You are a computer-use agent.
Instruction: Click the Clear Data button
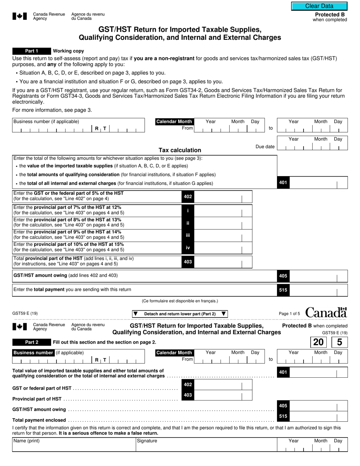point(319,6)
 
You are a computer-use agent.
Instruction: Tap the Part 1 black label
point(31,51)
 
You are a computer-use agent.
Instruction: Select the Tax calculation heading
point(180,150)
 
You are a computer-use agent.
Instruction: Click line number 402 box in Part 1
point(188,197)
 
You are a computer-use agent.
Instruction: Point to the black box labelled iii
point(188,235)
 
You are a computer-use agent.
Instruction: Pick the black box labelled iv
point(188,248)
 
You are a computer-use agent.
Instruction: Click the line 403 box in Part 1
point(188,262)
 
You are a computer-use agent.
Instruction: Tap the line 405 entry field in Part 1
point(318,276)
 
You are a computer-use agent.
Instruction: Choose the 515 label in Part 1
point(283,290)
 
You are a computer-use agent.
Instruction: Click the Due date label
point(265,147)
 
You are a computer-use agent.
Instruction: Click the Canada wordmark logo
point(326,313)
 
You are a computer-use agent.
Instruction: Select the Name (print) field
point(74,445)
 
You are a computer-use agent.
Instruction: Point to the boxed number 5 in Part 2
point(339,342)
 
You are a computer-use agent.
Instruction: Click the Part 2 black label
point(31,342)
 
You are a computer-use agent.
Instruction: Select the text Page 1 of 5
point(289,314)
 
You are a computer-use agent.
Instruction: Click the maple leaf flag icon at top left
point(20,16)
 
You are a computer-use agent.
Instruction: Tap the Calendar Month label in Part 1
point(174,122)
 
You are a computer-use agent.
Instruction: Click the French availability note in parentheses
point(180,301)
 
